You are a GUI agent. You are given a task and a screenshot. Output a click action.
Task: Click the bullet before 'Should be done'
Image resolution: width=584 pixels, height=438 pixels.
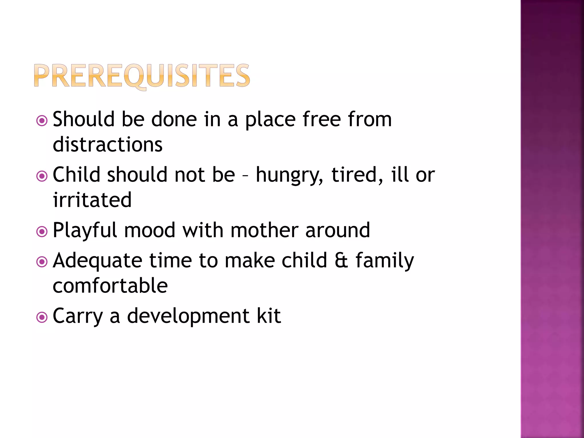(x=42, y=121)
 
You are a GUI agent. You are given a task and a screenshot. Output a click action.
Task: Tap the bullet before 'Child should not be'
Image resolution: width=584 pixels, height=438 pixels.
(x=42, y=176)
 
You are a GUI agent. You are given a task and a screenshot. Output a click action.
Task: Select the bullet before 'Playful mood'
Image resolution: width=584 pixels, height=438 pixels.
(x=42, y=232)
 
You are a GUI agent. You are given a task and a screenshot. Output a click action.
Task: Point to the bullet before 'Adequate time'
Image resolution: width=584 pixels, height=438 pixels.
(x=42, y=262)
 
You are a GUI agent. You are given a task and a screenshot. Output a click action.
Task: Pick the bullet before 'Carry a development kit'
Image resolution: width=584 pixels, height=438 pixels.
(x=42, y=317)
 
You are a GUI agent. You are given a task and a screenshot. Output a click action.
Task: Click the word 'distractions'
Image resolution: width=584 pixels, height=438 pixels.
(x=108, y=144)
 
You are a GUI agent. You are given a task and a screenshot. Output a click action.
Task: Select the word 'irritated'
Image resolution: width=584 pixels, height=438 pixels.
(x=92, y=200)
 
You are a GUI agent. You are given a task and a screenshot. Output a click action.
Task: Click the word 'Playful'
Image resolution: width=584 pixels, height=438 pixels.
(x=85, y=231)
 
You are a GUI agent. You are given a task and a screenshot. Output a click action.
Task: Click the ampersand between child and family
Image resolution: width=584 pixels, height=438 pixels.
(x=341, y=260)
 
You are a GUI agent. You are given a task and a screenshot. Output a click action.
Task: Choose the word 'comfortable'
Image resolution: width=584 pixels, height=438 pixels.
(x=110, y=285)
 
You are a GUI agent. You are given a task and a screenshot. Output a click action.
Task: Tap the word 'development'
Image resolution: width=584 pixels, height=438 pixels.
(x=188, y=317)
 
